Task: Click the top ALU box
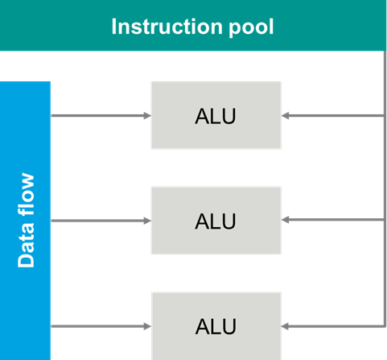click(x=216, y=115)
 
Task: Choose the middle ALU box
click(x=216, y=220)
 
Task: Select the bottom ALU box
click(x=216, y=325)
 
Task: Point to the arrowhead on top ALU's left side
click(x=147, y=115)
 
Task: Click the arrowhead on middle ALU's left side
click(x=147, y=220)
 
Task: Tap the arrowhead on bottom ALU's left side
click(x=147, y=325)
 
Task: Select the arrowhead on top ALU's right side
click(x=286, y=115)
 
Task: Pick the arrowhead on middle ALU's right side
click(x=286, y=220)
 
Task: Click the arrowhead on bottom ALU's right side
click(x=286, y=325)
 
